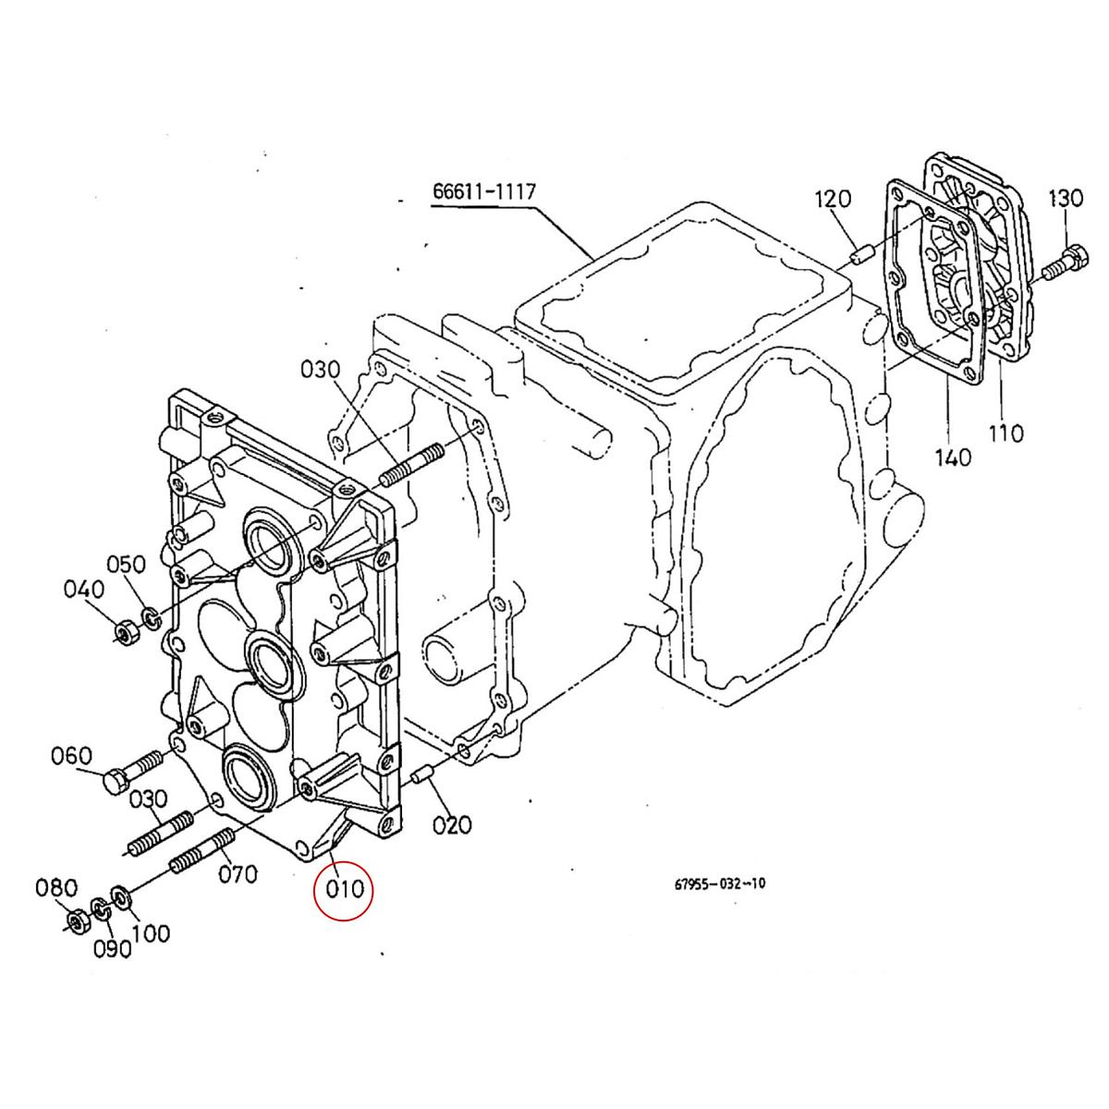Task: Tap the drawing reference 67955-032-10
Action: (x=719, y=884)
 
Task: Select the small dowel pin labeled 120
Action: (x=859, y=255)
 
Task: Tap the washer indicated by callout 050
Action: (x=148, y=615)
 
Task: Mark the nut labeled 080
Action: (x=78, y=920)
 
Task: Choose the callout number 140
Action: (x=952, y=456)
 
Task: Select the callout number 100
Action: (x=151, y=933)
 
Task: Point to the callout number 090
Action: (x=111, y=949)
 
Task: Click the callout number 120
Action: (x=832, y=199)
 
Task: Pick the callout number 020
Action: (x=452, y=823)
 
